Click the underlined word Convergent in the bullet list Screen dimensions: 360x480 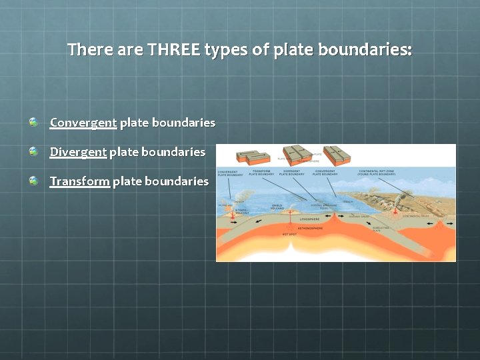pyautogui.click(x=83, y=123)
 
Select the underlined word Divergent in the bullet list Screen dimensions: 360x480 pyautogui.click(x=78, y=152)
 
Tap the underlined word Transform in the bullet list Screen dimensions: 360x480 pyautogui.click(x=79, y=181)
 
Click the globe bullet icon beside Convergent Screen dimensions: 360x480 pyautogui.click(x=33, y=122)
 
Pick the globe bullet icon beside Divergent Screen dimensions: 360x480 pyautogui.click(x=33, y=151)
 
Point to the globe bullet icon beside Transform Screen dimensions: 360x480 pyautogui.click(x=33, y=181)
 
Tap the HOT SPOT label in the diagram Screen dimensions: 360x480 pyautogui.click(x=289, y=235)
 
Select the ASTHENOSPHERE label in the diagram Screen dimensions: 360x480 pyautogui.click(x=310, y=228)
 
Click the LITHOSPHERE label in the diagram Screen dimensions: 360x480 pyautogui.click(x=311, y=218)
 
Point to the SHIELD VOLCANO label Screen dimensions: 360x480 pyautogui.click(x=277, y=207)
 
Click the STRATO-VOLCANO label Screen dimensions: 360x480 pyautogui.click(x=242, y=212)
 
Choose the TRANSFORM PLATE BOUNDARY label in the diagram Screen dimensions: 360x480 pyautogui.click(x=262, y=173)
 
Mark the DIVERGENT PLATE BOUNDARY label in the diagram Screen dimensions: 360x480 pyautogui.click(x=291, y=173)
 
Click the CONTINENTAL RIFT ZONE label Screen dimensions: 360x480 pyautogui.click(x=378, y=173)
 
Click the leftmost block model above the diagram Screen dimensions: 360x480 pyautogui.click(x=253, y=157)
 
